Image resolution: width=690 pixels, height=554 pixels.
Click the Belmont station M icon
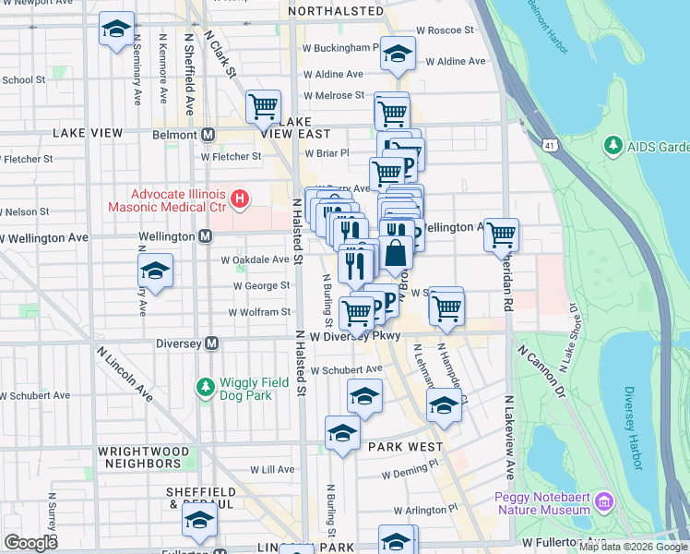[208, 135]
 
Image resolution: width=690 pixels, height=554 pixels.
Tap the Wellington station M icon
[205, 237]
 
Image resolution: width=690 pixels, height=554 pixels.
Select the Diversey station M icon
[211, 343]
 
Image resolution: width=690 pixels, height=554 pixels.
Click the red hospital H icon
[240, 199]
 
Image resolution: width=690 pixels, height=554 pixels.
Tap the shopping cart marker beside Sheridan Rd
[501, 234]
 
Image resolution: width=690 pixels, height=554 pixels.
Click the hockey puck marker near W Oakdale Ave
[155, 271]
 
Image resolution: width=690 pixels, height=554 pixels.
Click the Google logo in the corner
[30, 543]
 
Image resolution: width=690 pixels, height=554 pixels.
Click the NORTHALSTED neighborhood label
[336, 11]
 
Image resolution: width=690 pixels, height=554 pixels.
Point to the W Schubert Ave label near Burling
[346, 370]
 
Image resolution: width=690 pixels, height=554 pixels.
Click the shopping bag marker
[396, 252]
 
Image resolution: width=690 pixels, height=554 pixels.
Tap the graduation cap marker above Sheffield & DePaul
[199, 518]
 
